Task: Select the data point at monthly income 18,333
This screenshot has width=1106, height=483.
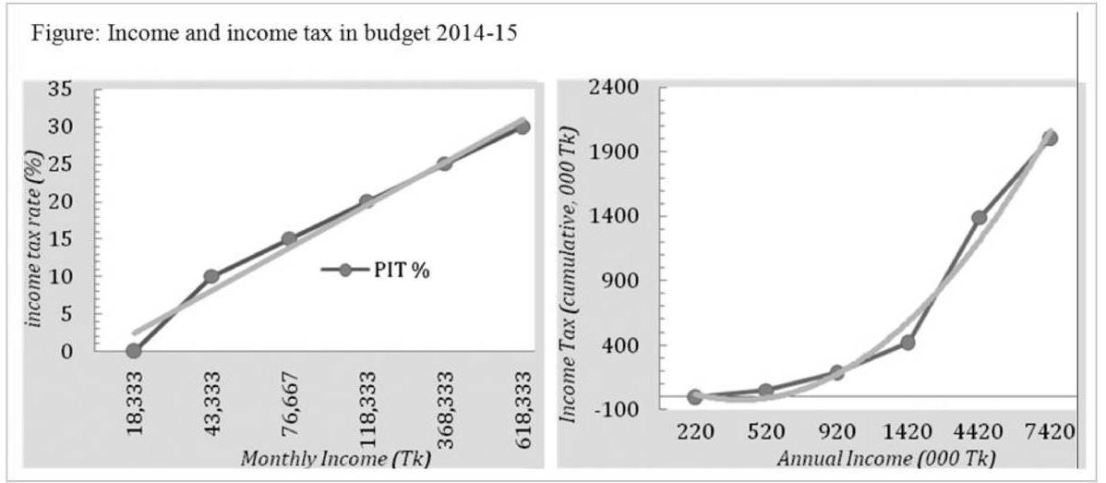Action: click(134, 351)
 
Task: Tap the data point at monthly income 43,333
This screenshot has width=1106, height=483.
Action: click(211, 276)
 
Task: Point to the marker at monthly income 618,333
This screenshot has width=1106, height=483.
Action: click(523, 127)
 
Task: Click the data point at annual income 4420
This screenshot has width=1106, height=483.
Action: click(979, 218)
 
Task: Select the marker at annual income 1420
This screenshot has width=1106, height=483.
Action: click(908, 343)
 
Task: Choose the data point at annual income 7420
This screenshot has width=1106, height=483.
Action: click(1050, 139)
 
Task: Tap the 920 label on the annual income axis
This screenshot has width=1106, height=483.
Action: click(836, 431)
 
